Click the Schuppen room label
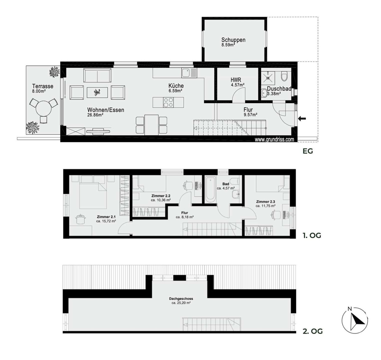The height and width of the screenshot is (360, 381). coord(233,40)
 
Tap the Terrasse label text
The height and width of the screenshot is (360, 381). coord(43,86)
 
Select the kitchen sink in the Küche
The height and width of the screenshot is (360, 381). coord(189,73)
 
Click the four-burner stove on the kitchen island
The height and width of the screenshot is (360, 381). coord(168,102)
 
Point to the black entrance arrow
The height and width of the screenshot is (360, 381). coord(302,119)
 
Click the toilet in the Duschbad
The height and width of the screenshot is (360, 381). coord(284,76)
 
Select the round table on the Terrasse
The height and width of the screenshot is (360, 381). coord(44,109)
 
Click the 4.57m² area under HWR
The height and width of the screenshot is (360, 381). coord(237,85)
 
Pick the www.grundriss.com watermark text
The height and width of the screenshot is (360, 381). coord(274,139)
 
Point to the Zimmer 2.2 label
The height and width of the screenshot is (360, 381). coord(161,196)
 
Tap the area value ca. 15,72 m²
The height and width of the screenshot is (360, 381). coord(106,221)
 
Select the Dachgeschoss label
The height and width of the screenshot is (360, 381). coord(181,299)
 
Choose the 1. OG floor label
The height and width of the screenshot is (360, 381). coord(312,235)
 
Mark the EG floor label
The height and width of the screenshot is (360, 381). coord(308,151)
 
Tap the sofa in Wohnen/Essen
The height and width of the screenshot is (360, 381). coord(97,76)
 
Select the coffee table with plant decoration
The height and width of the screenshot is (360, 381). coord(97,92)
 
